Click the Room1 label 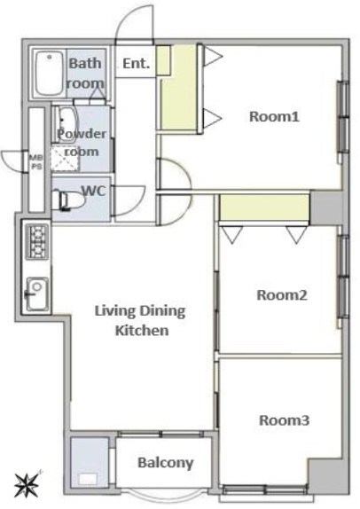click(274, 116)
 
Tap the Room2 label click(281, 295)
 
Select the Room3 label click(284, 420)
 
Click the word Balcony click(166, 463)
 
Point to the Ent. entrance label click(137, 63)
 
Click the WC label click(94, 191)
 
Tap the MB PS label click(35, 162)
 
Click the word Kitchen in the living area click(142, 331)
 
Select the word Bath click(85, 63)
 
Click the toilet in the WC click(70, 200)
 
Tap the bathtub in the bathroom click(49, 74)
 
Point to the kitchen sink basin click(37, 294)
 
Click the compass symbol click(27, 484)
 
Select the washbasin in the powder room click(66, 124)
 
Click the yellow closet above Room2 click(264, 208)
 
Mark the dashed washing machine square click(66, 159)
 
